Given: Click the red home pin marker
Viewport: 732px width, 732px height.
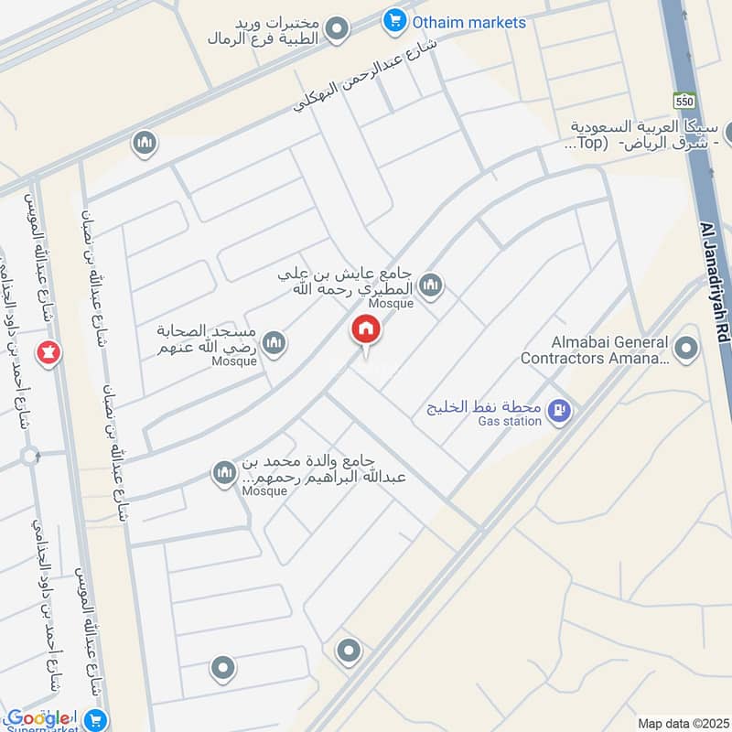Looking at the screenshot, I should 366,330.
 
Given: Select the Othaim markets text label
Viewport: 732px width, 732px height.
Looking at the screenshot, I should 469,21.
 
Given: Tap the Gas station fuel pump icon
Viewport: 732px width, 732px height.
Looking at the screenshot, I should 558,413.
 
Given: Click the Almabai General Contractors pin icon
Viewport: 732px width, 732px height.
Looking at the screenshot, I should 684,347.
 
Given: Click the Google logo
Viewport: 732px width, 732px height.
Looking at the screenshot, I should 38,718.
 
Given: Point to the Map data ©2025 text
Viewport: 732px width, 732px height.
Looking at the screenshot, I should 682,723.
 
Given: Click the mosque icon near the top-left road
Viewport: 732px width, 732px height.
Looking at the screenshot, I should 144,143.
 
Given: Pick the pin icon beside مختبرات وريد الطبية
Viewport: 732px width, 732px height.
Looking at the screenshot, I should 338,29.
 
